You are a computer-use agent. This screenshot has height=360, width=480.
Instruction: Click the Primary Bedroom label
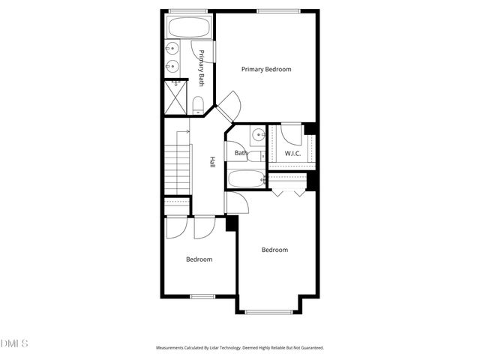266,69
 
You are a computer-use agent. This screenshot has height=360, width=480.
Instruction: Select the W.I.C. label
292,154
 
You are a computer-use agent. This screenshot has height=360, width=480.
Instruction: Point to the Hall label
213,161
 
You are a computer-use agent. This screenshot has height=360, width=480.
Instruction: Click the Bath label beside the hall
241,154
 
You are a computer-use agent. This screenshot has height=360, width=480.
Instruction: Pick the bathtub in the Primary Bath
189,29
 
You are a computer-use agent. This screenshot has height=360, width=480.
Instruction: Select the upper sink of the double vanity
172,50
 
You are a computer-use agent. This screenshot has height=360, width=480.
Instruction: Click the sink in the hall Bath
257,135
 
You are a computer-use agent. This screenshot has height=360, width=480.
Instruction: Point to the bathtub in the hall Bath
245,180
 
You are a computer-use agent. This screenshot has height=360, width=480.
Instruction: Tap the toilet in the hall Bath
256,157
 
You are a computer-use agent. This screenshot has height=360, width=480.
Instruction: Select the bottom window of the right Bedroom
268,311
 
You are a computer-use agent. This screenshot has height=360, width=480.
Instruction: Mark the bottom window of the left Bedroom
202,296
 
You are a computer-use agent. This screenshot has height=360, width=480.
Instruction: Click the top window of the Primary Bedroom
269,10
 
